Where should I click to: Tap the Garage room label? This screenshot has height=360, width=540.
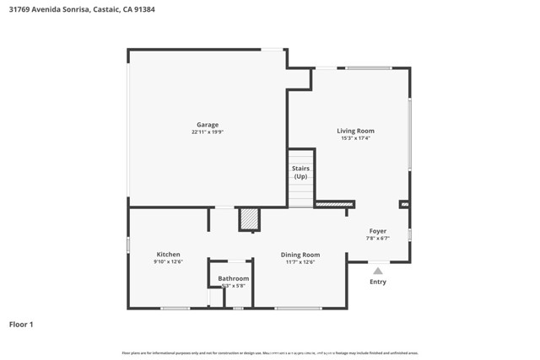click(208, 125)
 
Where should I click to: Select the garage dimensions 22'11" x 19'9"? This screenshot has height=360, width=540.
click(208, 132)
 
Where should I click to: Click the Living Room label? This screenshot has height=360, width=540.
click(355, 131)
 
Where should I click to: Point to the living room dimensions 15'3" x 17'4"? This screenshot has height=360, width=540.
click(355, 138)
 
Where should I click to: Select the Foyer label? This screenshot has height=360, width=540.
click(377, 231)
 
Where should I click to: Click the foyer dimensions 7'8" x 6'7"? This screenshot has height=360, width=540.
click(377, 238)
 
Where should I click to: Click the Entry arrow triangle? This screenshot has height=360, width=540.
click(378, 271)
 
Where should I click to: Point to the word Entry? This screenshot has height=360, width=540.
click(378, 282)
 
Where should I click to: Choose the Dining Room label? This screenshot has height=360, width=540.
click(300, 255)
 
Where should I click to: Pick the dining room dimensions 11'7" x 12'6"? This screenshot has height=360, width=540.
click(300, 262)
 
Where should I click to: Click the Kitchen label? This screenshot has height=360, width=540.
click(168, 255)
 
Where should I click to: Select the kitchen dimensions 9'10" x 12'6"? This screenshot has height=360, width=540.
click(168, 262)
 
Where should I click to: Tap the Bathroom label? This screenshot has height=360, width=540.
click(234, 278)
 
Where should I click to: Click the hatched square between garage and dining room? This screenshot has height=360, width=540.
click(249, 218)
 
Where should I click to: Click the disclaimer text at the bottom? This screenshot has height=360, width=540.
click(270, 353)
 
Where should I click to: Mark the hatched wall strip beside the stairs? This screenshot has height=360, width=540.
click(334, 204)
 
